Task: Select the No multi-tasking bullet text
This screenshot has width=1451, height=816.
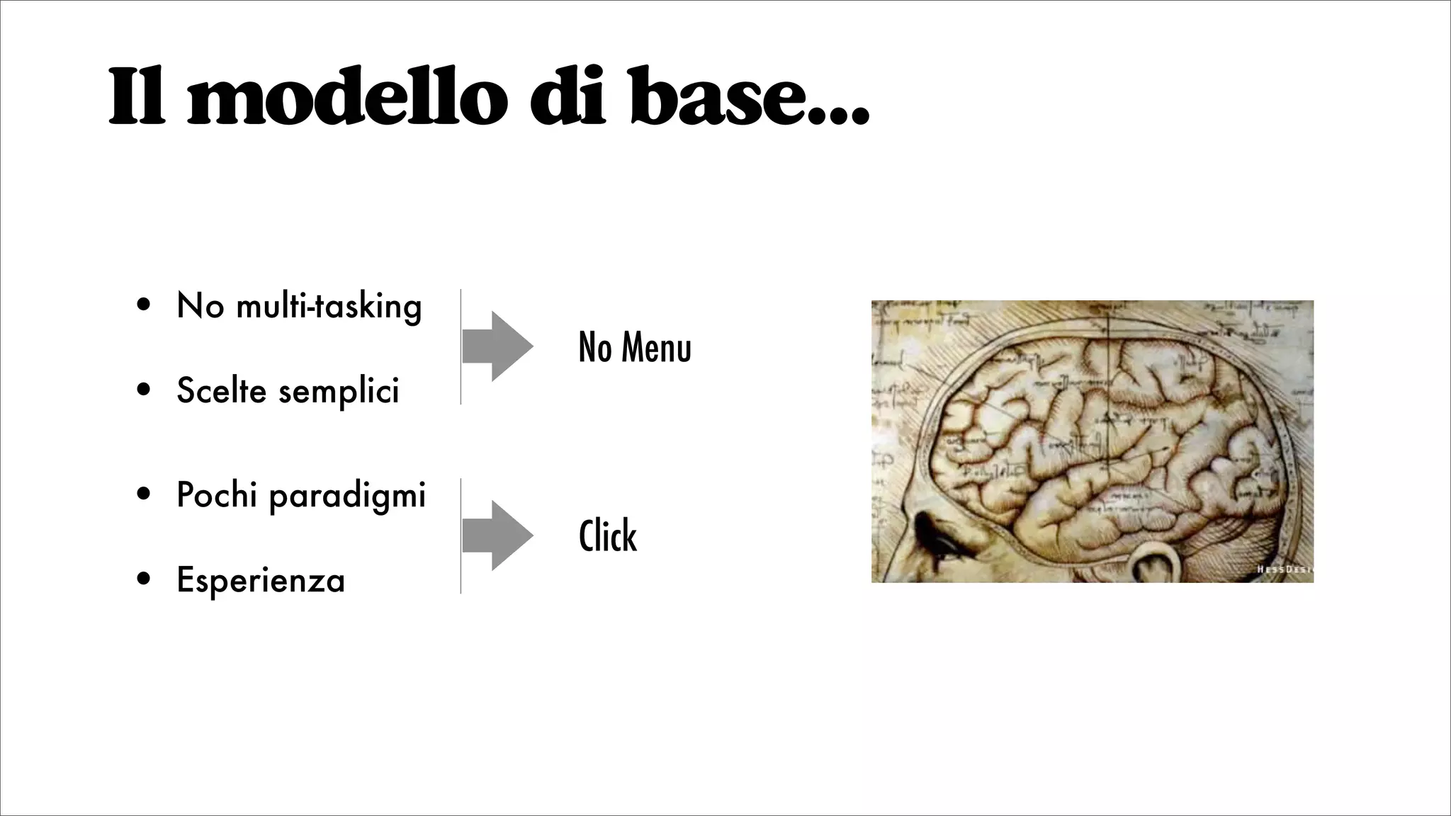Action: pyautogui.click(x=299, y=307)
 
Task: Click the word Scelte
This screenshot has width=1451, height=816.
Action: pyautogui.click(x=220, y=390)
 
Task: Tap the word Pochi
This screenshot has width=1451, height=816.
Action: pyautogui.click(x=216, y=494)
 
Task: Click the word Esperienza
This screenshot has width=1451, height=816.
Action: pyautogui.click(x=260, y=580)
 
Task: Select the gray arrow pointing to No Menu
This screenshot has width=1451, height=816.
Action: pyautogui.click(x=497, y=346)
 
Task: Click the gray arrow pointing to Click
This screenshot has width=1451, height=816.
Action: pyautogui.click(x=497, y=535)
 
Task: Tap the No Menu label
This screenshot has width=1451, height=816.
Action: pyautogui.click(x=634, y=347)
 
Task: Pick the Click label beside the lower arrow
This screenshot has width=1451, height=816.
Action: pyautogui.click(x=607, y=535)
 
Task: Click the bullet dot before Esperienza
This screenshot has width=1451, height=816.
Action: pyautogui.click(x=144, y=579)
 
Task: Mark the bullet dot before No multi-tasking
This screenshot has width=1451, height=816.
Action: pyautogui.click(x=144, y=305)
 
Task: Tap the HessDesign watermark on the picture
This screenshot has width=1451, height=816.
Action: pyautogui.click(x=1284, y=569)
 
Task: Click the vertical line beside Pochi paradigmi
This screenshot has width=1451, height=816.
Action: pyautogui.click(x=461, y=535)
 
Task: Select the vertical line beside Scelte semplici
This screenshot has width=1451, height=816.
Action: pyautogui.click(x=461, y=346)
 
